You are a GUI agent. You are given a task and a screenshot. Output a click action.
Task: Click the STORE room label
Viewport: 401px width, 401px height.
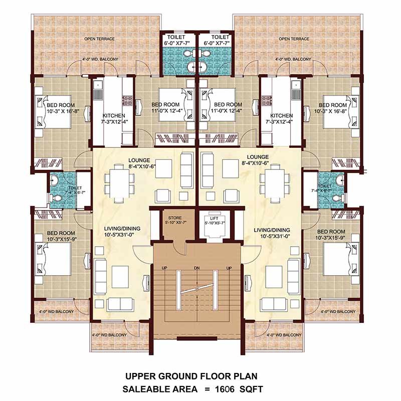pyautogui.click(x=175, y=218)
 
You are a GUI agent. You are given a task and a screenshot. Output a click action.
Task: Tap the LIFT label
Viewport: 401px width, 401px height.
pyautogui.click(x=214, y=219)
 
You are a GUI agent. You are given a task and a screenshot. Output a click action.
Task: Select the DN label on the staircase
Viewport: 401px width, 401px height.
pyautogui.click(x=196, y=268)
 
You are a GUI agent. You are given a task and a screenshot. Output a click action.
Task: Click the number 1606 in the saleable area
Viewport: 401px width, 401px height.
pyautogui.click(x=225, y=389)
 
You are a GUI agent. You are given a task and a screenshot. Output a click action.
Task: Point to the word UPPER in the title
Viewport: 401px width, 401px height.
pyautogui.click(x=140, y=376)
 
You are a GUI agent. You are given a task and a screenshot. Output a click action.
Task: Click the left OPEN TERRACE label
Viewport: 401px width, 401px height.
pyautogui.click(x=99, y=39)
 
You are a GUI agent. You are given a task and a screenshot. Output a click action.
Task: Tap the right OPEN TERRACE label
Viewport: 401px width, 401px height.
pyautogui.click(x=294, y=39)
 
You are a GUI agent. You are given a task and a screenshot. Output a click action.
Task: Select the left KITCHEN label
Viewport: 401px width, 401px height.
pyautogui.click(x=114, y=116)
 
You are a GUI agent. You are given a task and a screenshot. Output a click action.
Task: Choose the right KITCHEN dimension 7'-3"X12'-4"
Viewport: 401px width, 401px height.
pyautogui.click(x=281, y=122)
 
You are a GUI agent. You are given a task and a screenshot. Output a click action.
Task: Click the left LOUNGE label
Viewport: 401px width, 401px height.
pyautogui.click(x=139, y=160)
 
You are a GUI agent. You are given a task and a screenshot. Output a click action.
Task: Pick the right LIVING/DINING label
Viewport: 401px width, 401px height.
pyautogui.click(x=272, y=230)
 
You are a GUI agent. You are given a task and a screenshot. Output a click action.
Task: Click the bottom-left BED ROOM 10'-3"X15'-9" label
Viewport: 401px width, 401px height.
pyautogui.click(x=61, y=236)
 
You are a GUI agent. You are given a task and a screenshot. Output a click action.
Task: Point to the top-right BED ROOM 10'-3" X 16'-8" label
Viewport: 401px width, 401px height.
pyautogui.click(x=333, y=108)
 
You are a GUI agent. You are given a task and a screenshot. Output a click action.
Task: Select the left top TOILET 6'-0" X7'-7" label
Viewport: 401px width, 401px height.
pyautogui.click(x=176, y=40)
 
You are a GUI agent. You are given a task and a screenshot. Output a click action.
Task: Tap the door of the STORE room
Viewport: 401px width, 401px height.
pyautogui.click(x=180, y=248)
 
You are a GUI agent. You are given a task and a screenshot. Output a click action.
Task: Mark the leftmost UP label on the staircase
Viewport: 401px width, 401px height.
pyautogui.click(x=164, y=268)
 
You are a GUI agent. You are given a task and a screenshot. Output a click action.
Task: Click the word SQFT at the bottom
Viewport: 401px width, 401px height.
pyautogui.click(x=251, y=389)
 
